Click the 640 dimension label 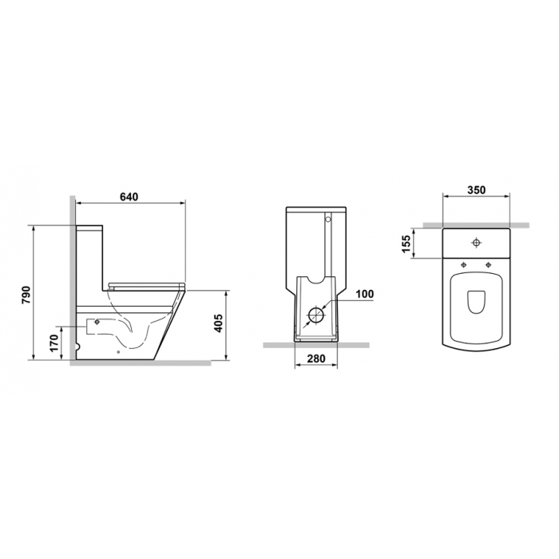[x=129, y=196]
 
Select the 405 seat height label [x=218, y=323]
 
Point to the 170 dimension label [x=54, y=343]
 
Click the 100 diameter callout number [x=365, y=294]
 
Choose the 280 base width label [x=316, y=359]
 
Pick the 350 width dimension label [x=476, y=190]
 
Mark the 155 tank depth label [x=406, y=244]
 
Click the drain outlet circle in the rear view [x=315, y=315]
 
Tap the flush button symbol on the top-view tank [x=476, y=243]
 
